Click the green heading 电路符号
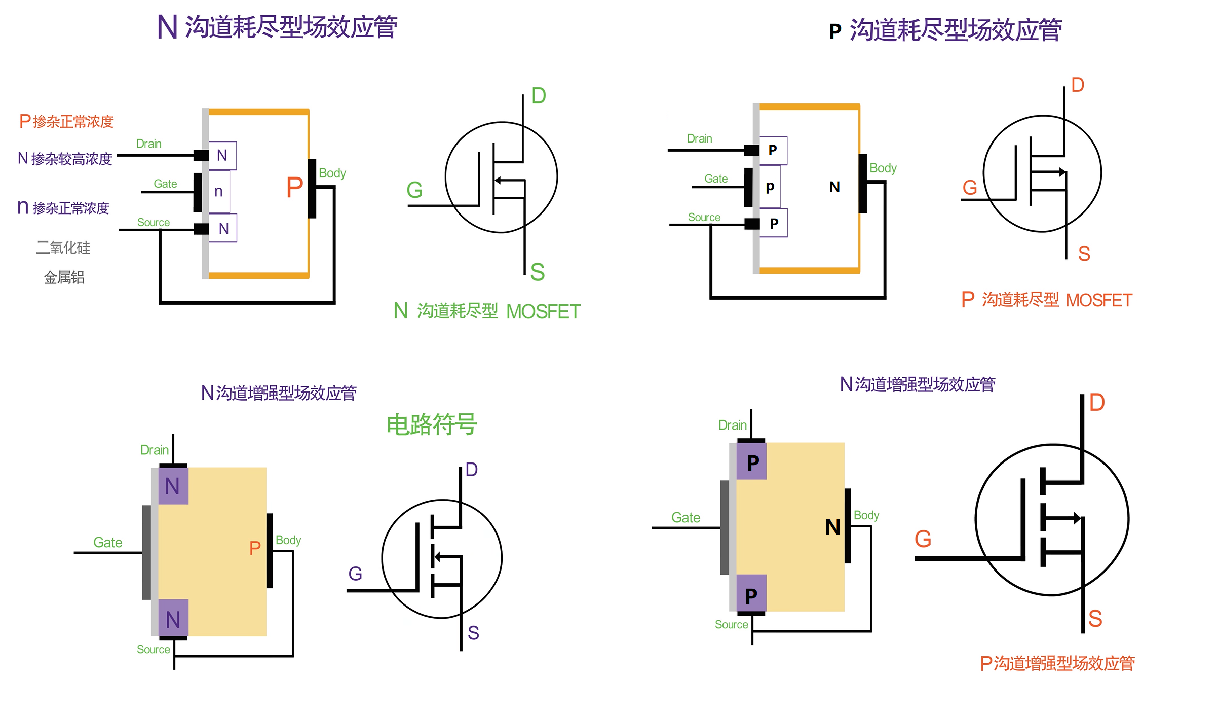click(432, 424)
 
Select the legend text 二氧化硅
click(63, 247)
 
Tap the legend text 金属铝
click(64, 277)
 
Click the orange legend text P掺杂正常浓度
click(66, 122)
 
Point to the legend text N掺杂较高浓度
click(65, 159)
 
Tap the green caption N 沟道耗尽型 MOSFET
click(487, 311)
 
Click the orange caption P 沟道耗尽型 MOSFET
click(1046, 300)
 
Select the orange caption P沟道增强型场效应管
click(1057, 663)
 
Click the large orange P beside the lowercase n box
click(294, 188)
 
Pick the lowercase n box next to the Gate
click(219, 192)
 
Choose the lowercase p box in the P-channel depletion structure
click(770, 187)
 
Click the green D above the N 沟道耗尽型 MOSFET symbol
click(539, 96)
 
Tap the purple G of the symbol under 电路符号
click(355, 574)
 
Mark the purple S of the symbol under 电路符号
click(473, 633)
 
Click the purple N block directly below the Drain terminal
click(173, 486)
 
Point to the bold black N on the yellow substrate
click(833, 527)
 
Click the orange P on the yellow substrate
click(255, 548)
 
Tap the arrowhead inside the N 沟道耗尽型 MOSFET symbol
click(498, 180)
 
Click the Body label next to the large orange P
click(332, 173)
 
